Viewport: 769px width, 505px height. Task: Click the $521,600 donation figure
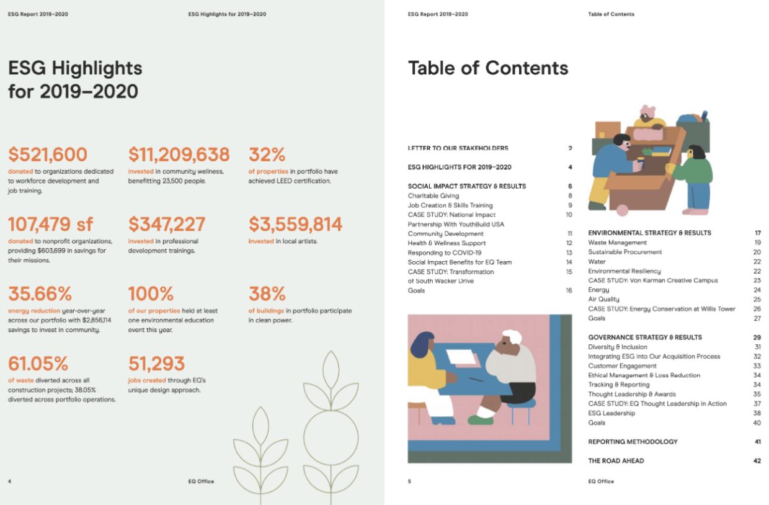tap(48, 154)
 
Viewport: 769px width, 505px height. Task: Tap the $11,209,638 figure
tap(179, 154)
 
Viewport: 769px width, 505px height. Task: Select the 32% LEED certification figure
tap(267, 154)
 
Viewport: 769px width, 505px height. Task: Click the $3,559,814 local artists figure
tap(295, 224)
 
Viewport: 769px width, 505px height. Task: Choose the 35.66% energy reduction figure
tap(40, 293)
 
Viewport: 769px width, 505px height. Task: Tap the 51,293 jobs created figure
tap(156, 363)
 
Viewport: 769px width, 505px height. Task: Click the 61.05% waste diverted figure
tap(38, 363)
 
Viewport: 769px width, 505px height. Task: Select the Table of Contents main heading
tap(488, 68)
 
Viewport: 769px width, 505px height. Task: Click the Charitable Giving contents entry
tap(433, 196)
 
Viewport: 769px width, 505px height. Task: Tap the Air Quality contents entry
tap(603, 299)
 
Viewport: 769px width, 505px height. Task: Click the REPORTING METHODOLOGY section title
tap(633, 442)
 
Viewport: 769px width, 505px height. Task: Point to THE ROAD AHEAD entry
tap(616, 461)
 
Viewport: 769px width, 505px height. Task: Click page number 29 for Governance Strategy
tap(757, 337)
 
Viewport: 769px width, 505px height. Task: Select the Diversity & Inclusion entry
tap(617, 347)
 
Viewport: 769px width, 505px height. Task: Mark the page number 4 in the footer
tap(9, 481)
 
